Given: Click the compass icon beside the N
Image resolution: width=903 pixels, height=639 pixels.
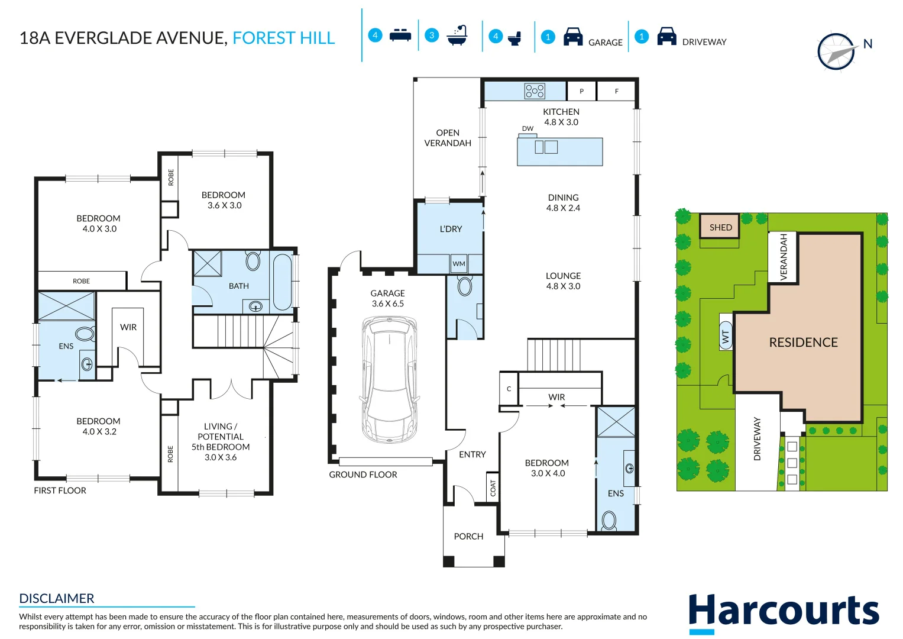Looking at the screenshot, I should pos(836,52).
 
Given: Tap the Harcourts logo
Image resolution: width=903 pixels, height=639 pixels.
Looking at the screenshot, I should pos(784,612).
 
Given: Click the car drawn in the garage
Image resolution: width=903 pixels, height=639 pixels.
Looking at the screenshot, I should pos(390,379).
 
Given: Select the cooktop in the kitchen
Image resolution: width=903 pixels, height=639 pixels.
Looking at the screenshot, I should pos(535,91).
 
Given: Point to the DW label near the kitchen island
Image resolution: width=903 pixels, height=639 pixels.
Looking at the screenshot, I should pos(527,128).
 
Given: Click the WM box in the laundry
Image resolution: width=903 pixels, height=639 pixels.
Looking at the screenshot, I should pos(459,264).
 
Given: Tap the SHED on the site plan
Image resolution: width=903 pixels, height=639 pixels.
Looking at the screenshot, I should pos(720,227).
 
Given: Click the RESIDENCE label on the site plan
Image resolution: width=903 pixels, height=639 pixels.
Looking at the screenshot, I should pos(803,343).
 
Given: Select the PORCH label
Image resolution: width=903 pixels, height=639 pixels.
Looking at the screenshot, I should pos(468,537).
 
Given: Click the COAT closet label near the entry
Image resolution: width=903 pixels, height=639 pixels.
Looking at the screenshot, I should pos(493,488).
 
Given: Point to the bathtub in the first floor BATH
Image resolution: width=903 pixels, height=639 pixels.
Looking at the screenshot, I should pos(282,282).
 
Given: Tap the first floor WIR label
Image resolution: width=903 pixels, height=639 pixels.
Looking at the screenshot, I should pos(128,327).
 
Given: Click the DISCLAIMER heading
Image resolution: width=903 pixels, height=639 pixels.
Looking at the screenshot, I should pos(57,598).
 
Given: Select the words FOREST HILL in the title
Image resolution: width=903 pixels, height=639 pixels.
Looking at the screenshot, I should pos(283,38).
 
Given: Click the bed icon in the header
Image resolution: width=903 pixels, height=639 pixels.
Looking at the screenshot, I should pos(400,35).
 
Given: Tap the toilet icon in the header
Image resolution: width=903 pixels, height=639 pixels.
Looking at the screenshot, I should pos(514,38).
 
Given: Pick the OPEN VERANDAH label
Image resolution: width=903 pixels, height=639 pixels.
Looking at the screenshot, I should pos(448,138).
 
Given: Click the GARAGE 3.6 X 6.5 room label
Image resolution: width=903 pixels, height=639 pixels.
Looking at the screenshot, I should pos(388,298).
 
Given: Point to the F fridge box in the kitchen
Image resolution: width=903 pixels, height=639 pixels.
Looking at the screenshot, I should pos(616,91).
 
